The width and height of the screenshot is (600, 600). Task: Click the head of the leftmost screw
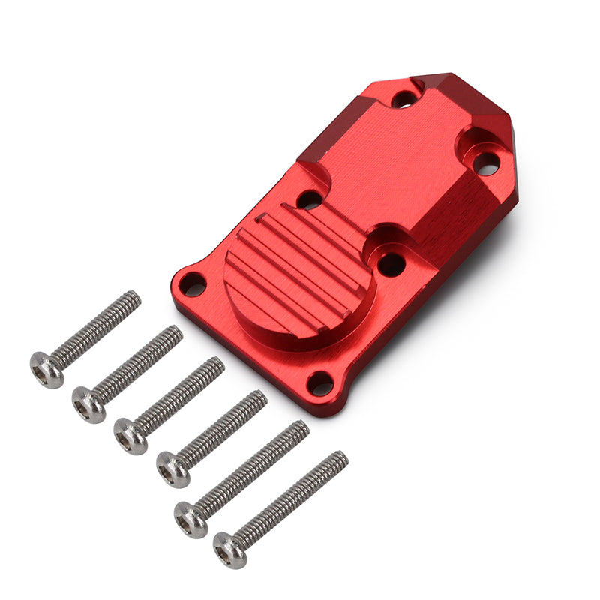click(x=46, y=370)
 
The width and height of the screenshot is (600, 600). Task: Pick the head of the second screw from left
click(x=88, y=403)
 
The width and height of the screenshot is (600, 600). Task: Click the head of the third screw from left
click(x=131, y=435)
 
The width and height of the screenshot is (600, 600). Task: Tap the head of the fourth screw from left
click(x=173, y=468)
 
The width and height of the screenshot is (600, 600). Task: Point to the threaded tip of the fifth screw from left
click(x=301, y=427)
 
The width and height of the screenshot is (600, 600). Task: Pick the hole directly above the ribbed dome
click(x=309, y=200)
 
